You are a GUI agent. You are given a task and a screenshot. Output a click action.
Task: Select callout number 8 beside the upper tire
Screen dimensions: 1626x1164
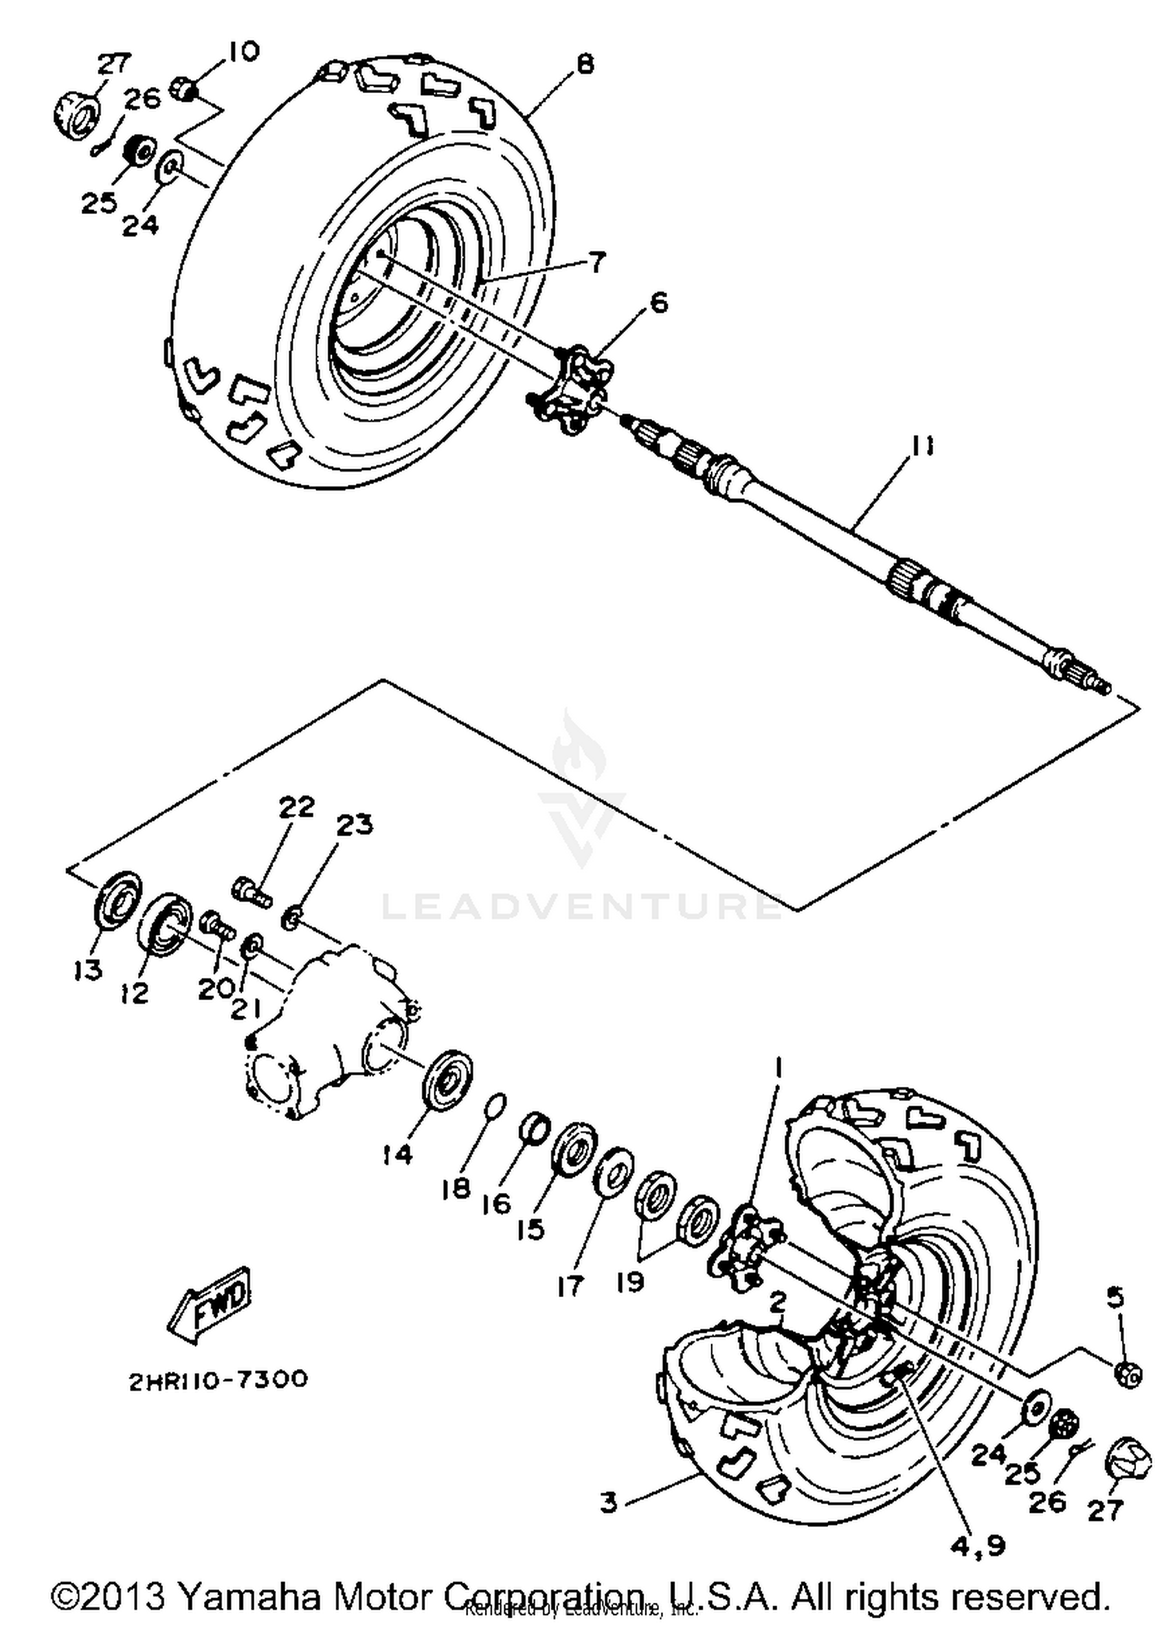tap(585, 64)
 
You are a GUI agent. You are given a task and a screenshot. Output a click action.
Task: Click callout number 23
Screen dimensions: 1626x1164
tap(354, 825)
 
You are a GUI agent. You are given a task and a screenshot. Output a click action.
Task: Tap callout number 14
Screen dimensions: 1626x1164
tap(397, 1154)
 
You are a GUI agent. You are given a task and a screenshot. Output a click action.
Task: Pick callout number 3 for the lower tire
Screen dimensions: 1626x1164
tap(609, 1503)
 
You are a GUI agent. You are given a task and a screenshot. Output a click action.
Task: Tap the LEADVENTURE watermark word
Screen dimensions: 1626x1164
tap(582, 905)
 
